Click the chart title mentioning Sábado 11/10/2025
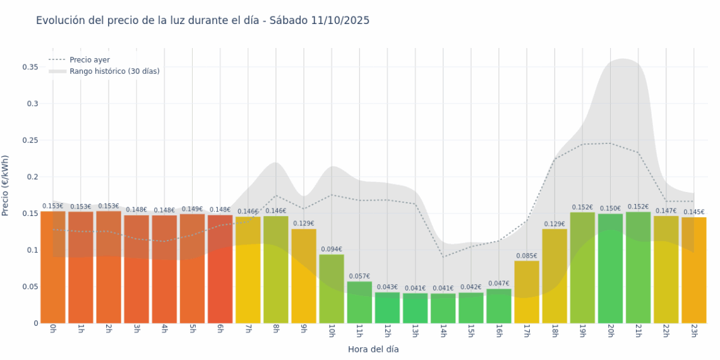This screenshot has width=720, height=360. click(203, 20)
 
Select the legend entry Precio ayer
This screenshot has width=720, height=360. click(89, 60)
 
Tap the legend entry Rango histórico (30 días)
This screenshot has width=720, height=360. click(114, 71)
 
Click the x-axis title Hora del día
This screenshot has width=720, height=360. click(373, 349)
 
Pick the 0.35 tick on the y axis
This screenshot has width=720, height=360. click(30, 67)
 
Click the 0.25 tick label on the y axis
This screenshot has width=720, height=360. click(30, 140)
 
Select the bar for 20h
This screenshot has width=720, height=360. click(610, 268)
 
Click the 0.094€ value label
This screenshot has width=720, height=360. click(332, 249)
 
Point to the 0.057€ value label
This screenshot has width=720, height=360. click(359, 276)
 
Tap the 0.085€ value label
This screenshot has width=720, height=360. click(527, 256)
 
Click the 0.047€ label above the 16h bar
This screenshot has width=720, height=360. click(499, 284)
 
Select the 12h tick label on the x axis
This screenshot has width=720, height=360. click(387, 332)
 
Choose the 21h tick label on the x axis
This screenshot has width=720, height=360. click(637, 332)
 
